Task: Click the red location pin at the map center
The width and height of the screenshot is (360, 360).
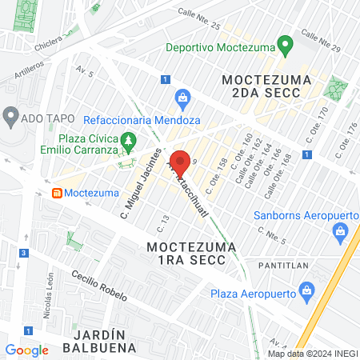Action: [x=180, y=162]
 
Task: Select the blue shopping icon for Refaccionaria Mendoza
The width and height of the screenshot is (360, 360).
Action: [x=182, y=99]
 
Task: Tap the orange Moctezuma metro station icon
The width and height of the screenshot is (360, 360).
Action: [x=57, y=194]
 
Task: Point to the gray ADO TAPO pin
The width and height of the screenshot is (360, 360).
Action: [x=10, y=116]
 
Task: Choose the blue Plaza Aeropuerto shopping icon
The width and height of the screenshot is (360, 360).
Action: [x=306, y=292]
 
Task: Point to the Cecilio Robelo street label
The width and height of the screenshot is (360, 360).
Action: [x=98, y=285]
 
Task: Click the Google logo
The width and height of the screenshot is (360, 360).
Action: [x=26, y=350]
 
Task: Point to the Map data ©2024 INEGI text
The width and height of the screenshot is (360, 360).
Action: [x=310, y=354]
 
